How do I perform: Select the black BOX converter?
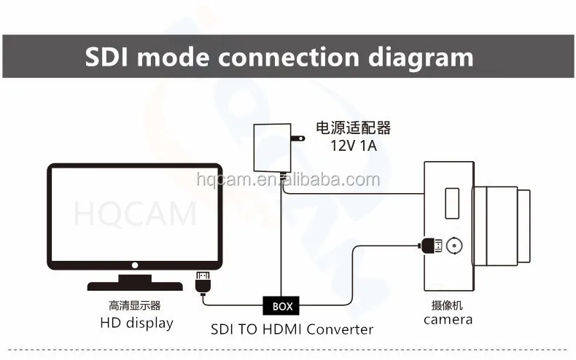282,306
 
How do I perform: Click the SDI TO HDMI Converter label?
292,329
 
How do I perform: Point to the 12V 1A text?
352,145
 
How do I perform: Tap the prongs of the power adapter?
297,138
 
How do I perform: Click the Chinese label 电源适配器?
353,128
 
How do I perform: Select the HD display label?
137,322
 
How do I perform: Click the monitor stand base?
135,285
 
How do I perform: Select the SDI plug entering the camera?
431,246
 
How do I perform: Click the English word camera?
448,319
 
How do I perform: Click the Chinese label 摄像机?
448,305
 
